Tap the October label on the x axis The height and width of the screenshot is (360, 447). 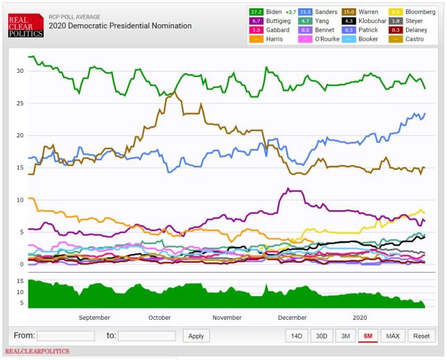[159, 317]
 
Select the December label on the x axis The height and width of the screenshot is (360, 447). [292, 317]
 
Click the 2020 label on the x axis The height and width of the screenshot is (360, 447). [360, 317]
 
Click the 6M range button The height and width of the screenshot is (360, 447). [367, 336]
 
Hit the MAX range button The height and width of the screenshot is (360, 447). [392, 336]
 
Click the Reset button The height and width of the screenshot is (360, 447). [421, 336]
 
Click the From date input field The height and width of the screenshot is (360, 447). [65, 336]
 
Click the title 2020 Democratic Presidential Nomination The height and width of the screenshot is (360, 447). [120, 26]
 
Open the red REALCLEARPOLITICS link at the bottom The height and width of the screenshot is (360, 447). [37, 352]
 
